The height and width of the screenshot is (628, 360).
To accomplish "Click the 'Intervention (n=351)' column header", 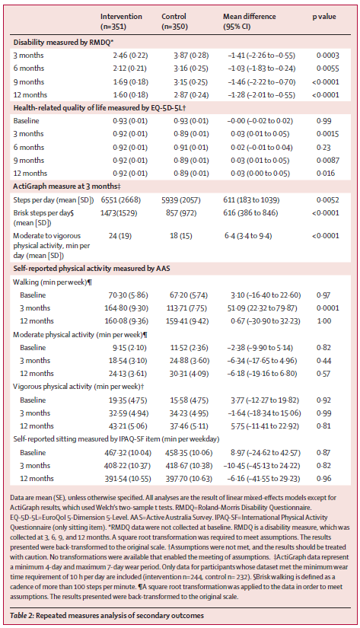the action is pos(121,21).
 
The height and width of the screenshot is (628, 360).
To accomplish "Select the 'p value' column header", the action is pos(324,17).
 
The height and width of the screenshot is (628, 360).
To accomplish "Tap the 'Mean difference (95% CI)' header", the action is pos(249,21).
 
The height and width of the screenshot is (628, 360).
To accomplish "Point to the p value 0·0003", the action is pos(327,56).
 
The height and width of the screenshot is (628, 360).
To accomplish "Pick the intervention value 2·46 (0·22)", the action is pos(130,56).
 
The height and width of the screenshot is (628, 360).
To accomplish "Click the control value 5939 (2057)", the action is pos(181,200).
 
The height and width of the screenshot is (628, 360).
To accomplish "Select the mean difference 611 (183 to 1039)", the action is pos(251,200).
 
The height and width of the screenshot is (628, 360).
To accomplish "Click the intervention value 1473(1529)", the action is pos(119,213).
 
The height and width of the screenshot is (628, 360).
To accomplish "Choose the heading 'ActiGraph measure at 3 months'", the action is pos(67,186).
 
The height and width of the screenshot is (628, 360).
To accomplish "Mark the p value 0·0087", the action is pos(327,161).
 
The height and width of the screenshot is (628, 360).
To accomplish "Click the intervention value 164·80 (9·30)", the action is pos(126,308).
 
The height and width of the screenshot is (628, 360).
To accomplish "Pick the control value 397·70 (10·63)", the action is pos(189,479).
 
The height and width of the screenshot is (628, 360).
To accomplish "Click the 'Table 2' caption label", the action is pos(22,616).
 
